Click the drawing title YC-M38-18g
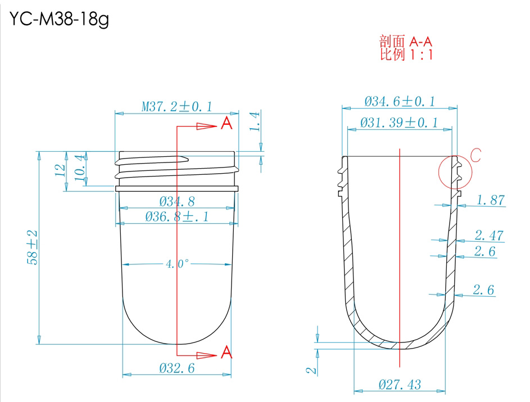coord(59,19)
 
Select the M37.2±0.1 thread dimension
coord(177,107)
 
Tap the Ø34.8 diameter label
coord(177,201)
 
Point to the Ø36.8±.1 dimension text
coord(177,216)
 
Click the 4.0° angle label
coord(178,264)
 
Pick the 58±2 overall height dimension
coord(33,247)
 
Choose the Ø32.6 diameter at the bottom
coord(177,368)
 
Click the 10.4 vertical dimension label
coord(79,168)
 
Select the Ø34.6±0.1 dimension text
coord(400,101)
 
